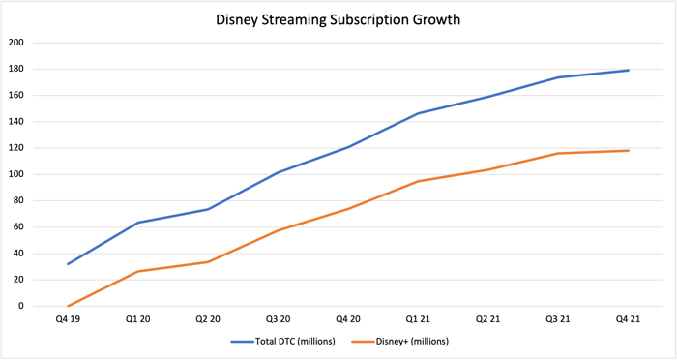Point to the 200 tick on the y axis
tap(16, 43)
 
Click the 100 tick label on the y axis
tap(16, 174)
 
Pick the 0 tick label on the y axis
tap(21, 306)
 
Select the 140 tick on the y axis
tap(16, 122)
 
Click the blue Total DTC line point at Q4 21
tap(629, 70)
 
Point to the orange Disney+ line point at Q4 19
tap(68, 306)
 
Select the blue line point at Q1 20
tap(137, 223)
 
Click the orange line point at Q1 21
tap(418, 181)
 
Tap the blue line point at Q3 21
tap(558, 77)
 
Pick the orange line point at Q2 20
tap(208, 261)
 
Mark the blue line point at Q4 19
tap(68, 264)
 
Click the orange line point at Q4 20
tap(348, 208)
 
